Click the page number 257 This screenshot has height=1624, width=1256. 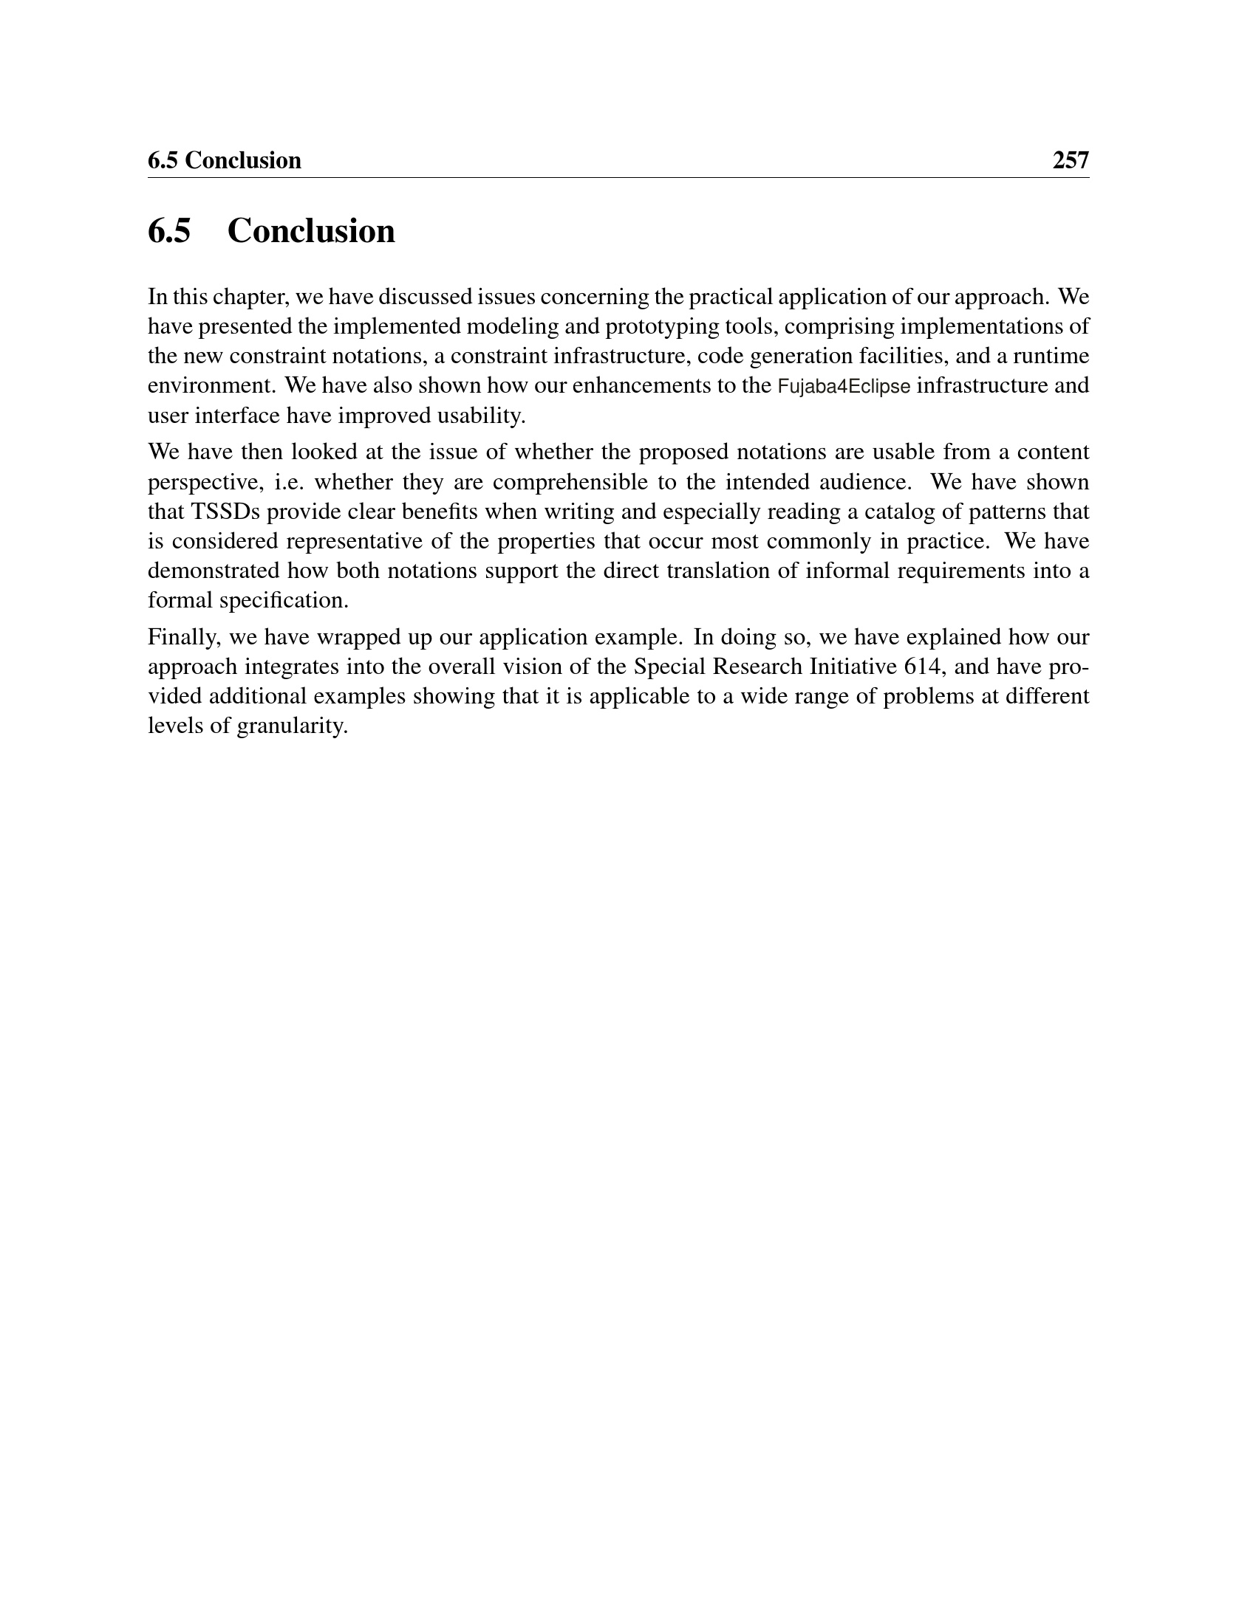(1070, 161)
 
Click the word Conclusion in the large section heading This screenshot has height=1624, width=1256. (311, 230)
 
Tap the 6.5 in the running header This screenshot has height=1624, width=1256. (163, 161)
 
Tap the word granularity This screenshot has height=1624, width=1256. (293, 726)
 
